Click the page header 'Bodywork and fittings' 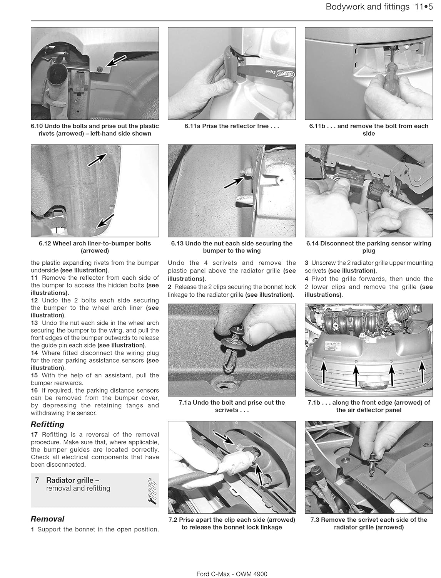tap(367, 7)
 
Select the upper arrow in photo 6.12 tap(98, 158)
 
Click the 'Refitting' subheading tap(48, 424)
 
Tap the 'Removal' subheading tap(48, 519)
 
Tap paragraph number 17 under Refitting tap(34, 435)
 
